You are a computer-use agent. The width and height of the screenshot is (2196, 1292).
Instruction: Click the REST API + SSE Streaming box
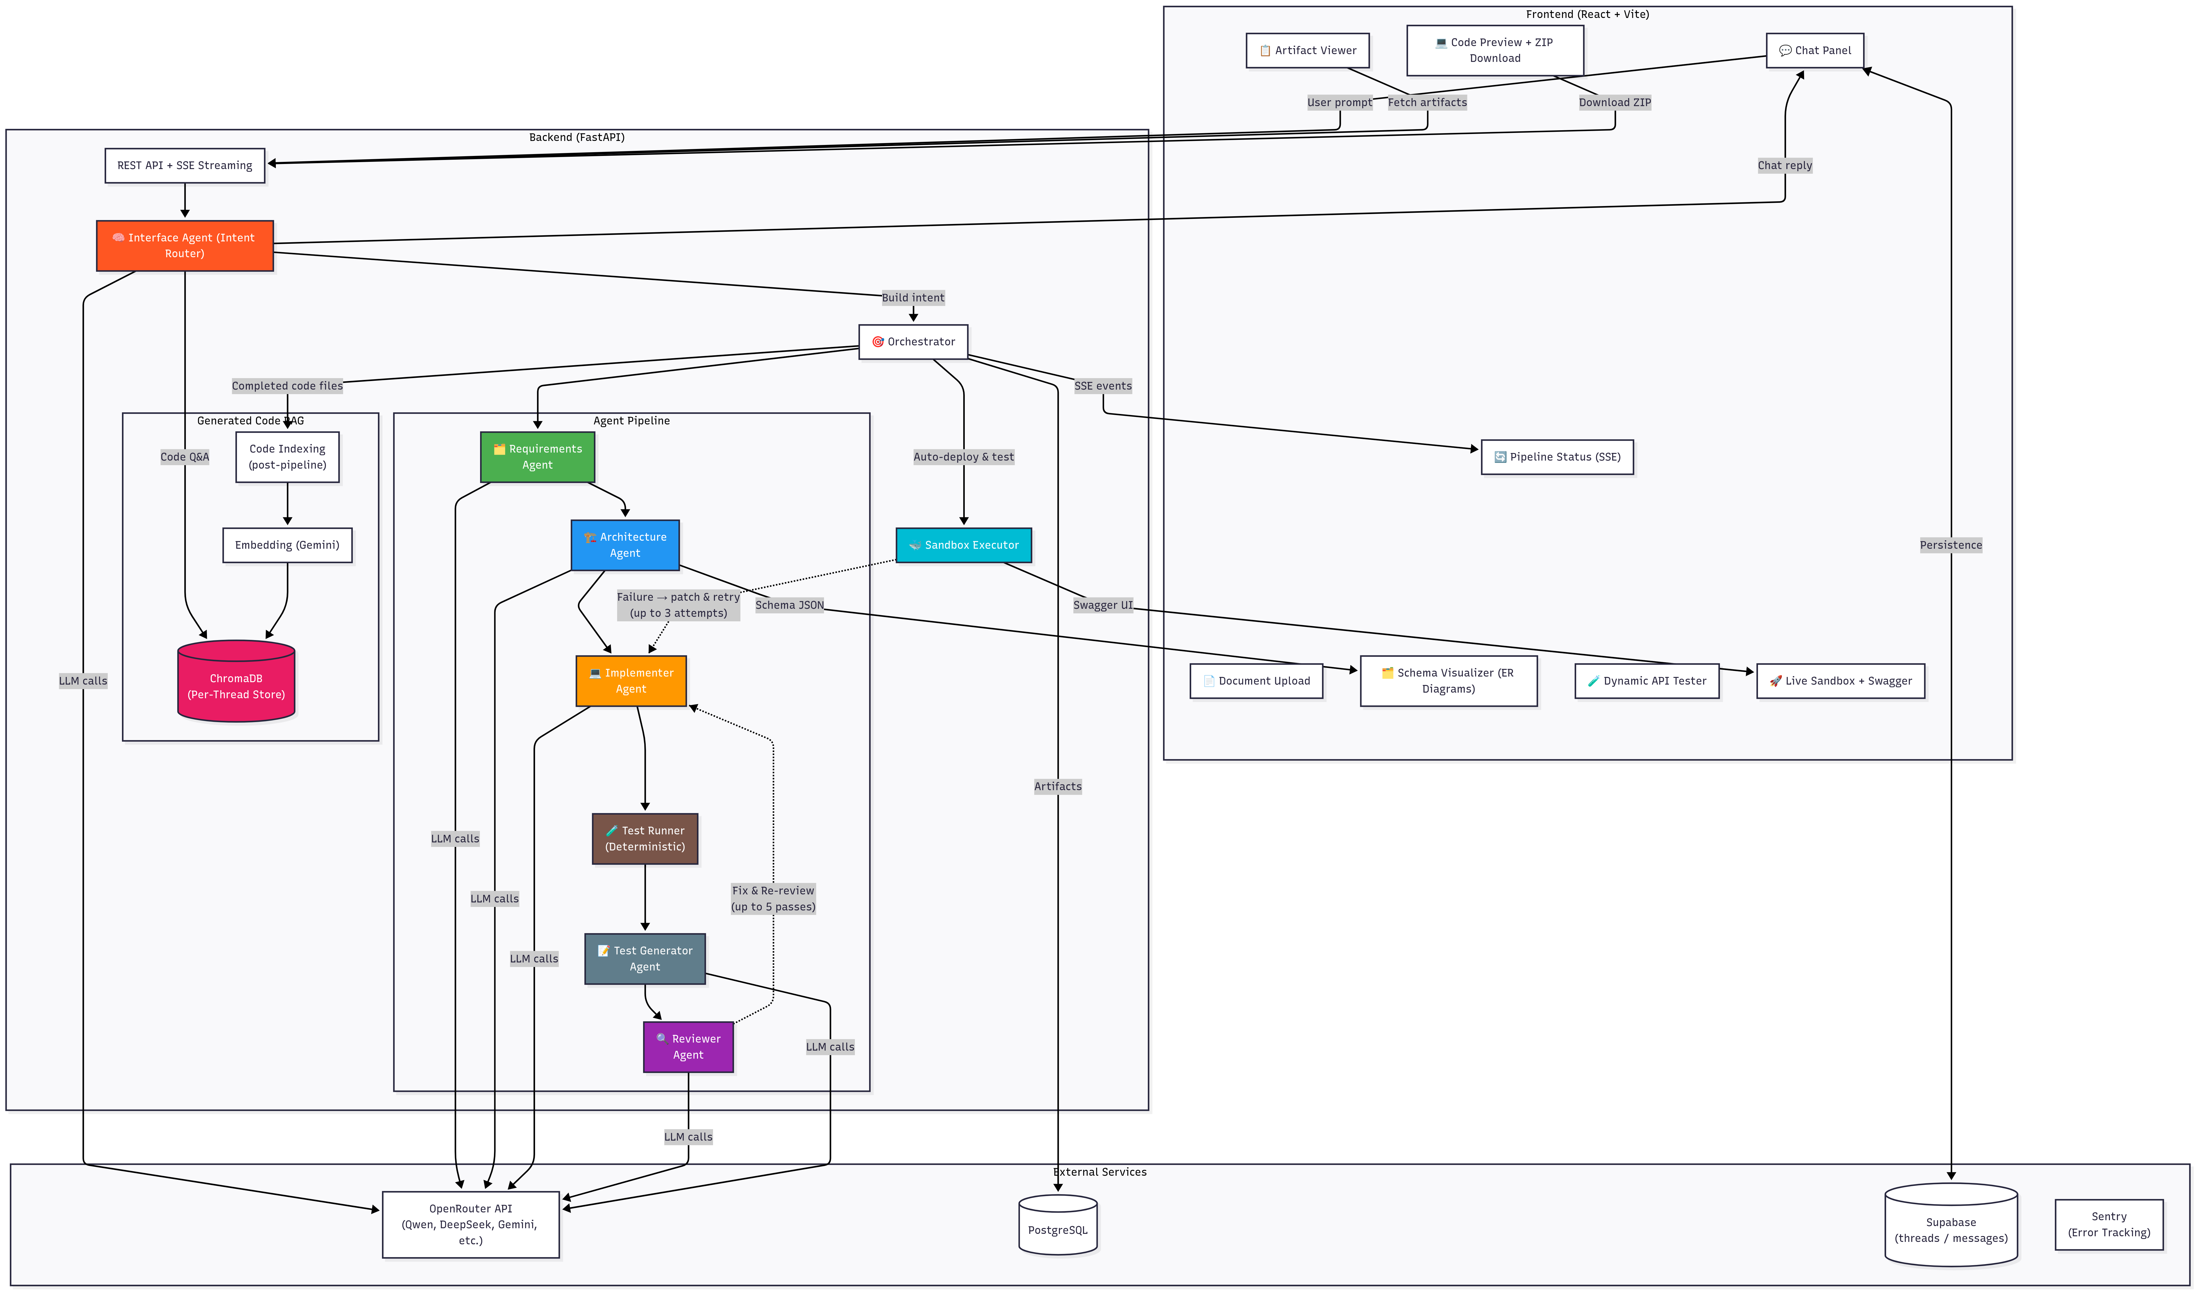click(185, 166)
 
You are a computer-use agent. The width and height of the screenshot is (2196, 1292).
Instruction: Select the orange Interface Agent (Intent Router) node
click(185, 246)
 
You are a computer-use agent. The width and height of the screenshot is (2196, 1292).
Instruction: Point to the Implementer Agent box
click(631, 680)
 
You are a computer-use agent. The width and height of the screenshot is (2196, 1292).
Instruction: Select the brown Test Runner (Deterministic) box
click(645, 838)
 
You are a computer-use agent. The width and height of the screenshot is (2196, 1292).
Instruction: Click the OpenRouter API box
click(470, 1224)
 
